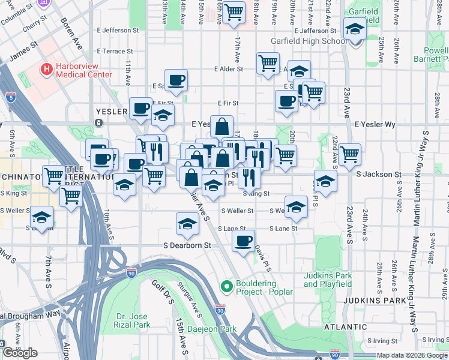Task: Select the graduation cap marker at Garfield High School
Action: (355, 29)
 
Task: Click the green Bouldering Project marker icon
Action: (226, 287)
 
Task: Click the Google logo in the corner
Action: (20, 353)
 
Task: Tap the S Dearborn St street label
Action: (187, 245)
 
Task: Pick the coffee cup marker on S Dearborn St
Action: (243, 242)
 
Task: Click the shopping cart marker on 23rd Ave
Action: (349, 155)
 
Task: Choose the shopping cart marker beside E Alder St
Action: (268, 64)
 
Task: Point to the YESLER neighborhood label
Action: (112, 112)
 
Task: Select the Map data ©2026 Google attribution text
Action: (411, 355)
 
